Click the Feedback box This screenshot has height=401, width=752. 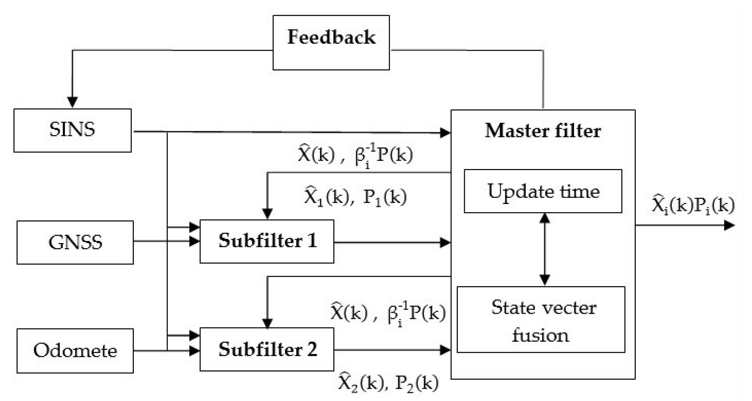click(331, 42)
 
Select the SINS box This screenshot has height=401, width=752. click(72, 130)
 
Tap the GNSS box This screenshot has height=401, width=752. click(75, 242)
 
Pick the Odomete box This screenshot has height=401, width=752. click(75, 351)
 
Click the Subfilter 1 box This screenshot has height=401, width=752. click(267, 241)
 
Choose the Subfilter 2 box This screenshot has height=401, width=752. click(267, 349)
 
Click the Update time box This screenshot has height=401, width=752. click(543, 191)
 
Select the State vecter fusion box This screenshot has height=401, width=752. click(541, 320)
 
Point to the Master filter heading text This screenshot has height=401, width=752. click(543, 131)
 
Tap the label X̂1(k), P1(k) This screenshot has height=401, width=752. click(355, 197)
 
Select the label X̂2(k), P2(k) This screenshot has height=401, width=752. click(388, 383)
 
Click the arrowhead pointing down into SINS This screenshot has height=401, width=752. click(72, 102)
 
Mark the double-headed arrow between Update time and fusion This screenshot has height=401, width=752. click(544, 249)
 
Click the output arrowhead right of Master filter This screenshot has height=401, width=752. click(729, 225)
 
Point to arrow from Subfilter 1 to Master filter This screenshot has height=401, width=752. click(391, 242)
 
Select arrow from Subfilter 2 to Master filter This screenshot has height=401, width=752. click(391, 350)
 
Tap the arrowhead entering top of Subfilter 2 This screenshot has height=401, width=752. click(267, 323)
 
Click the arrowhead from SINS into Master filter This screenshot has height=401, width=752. click(445, 133)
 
